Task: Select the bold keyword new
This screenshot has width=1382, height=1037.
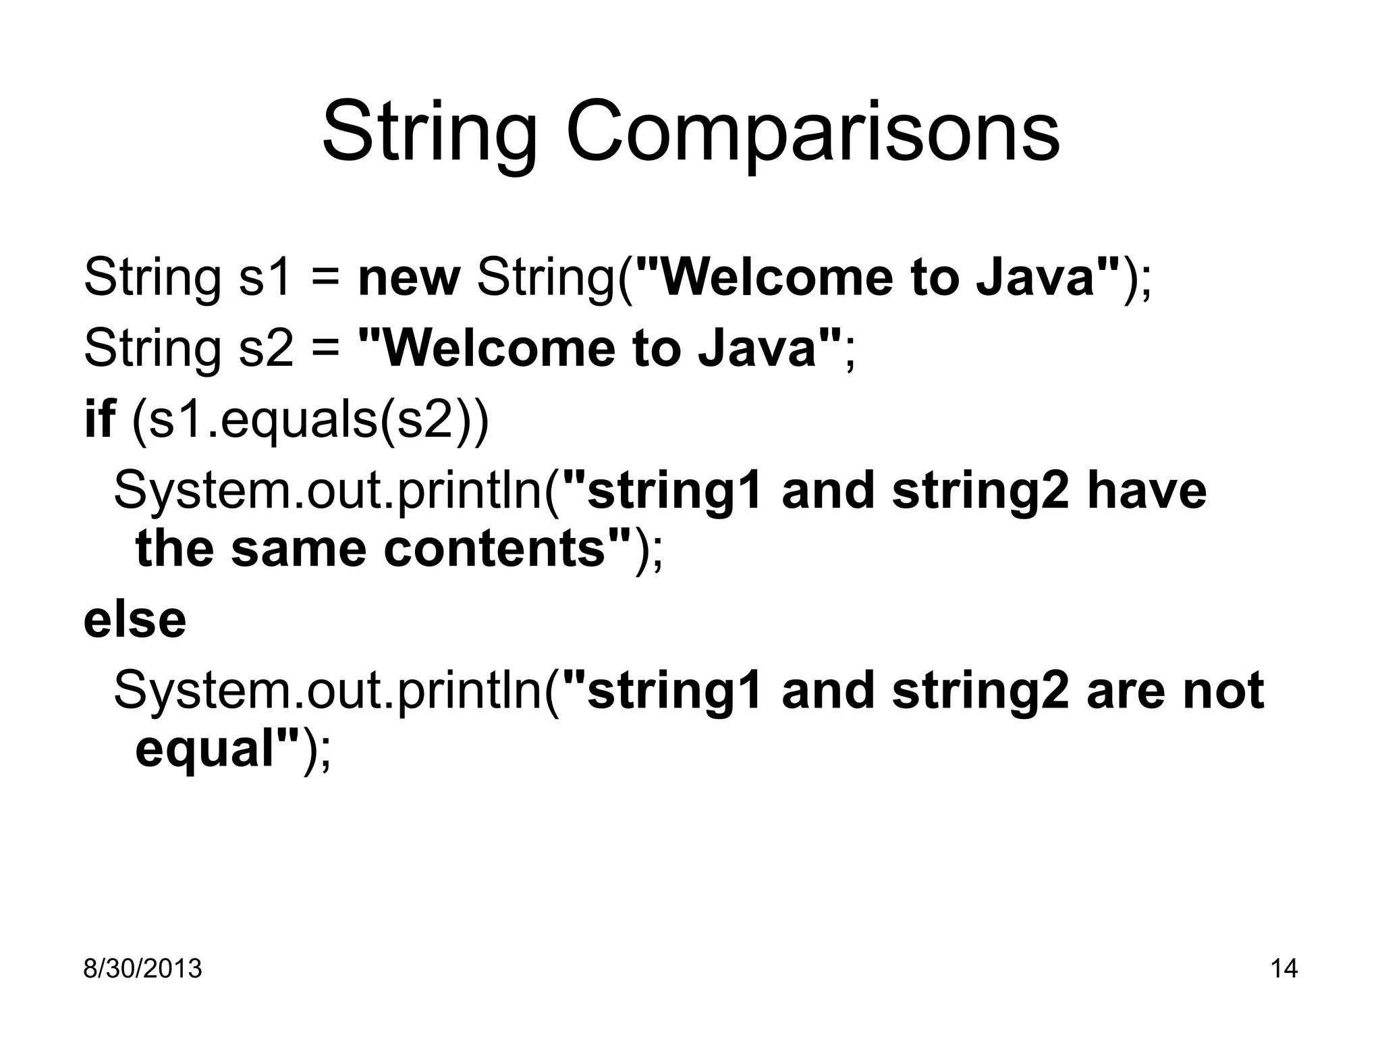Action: pyautogui.click(x=409, y=277)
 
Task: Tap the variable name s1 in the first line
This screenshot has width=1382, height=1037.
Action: pyautogui.click(x=266, y=277)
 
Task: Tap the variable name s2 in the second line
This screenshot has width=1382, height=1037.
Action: pyautogui.click(x=266, y=348)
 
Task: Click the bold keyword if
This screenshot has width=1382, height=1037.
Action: pyautogui.click(x=99, y=419)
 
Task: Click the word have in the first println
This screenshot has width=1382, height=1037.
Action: pyautogui.click(x=1146, y=491)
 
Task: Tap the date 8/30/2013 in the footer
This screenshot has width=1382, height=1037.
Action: pyautogui.click(x=142, y=969)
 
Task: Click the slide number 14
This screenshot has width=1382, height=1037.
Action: pyautogui.click(x=1283, y=969)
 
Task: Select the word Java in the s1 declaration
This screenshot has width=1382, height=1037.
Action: pyautogui.click(x=1035, y=277)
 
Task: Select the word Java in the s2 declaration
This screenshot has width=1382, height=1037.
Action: pyautogui.click(x=756, y=348)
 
